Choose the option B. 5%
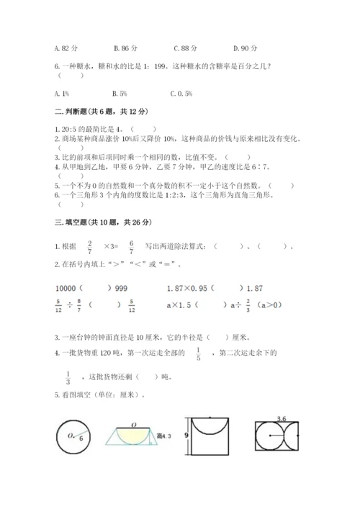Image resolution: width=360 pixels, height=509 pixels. point(120,93)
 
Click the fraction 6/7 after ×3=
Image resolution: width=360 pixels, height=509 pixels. point(131,246)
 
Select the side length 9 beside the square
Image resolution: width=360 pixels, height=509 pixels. point(185,435)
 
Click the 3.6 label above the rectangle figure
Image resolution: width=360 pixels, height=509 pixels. point(272,418)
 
